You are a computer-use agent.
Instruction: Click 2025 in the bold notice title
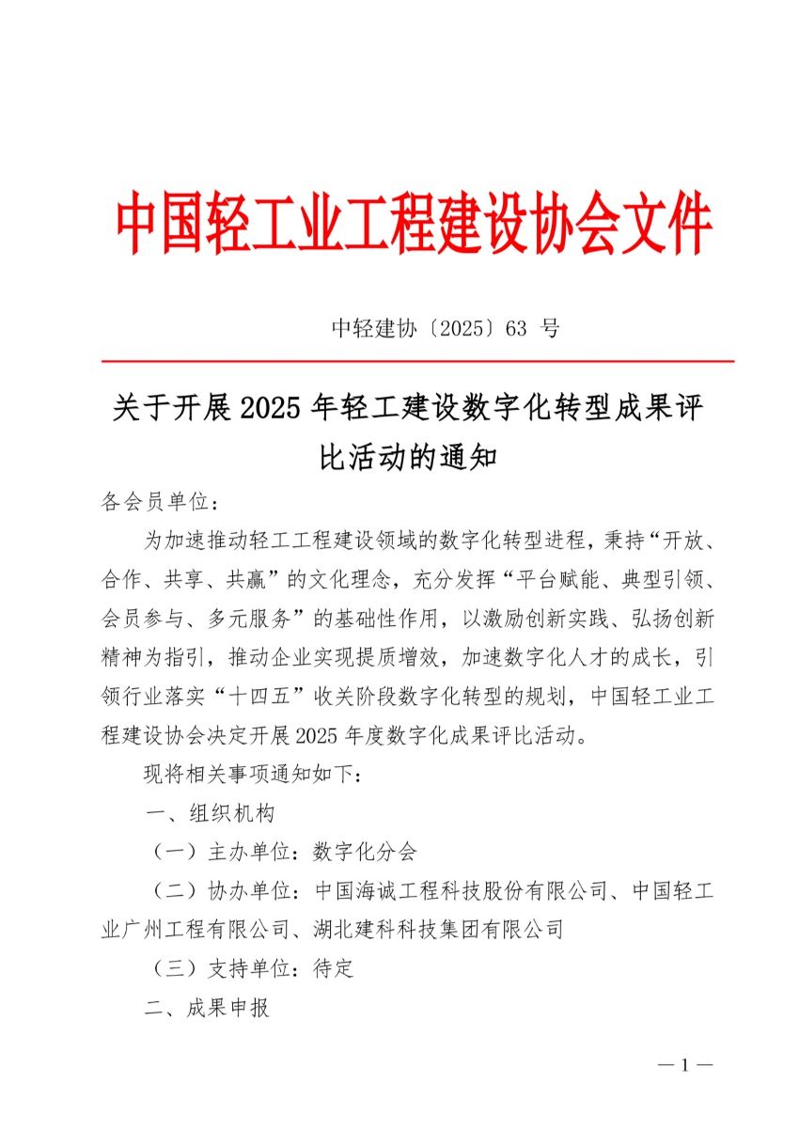click(272, 410)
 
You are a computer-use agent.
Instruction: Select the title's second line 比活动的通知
click(407, 458)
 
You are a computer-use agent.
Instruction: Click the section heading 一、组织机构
click(208, 812)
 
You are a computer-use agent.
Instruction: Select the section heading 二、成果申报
click(208, 1009)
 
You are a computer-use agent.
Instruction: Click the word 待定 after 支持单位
click(334, 969)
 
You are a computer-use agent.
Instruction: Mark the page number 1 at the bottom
click(685, 1065)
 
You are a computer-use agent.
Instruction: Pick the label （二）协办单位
click(217, 891)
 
